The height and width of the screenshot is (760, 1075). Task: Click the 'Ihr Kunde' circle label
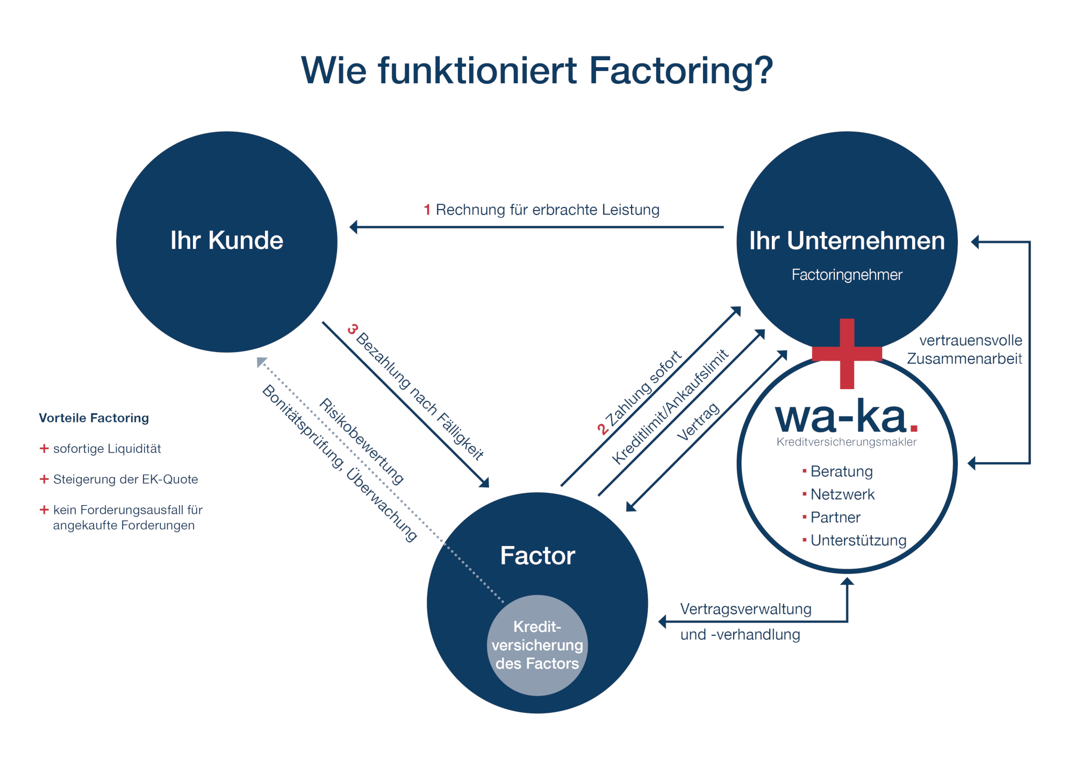(x=226, y=240)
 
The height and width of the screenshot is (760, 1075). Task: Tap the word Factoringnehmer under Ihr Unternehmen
(x=847, y=275)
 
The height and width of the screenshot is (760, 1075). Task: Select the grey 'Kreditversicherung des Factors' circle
(x=537, y=645)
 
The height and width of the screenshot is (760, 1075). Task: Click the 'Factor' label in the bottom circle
(x=537, y=555)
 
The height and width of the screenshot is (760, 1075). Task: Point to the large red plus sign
(x=847, y=354)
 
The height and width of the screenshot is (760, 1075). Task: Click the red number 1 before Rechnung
(x=427, y=210)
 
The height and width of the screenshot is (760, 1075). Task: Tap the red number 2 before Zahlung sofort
(x=602, y=429)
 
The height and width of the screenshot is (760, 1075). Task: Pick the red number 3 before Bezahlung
(x=353, y=328)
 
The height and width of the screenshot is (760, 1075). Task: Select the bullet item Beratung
(x=841, y=471)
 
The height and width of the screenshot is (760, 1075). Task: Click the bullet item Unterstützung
(x=858, y=540)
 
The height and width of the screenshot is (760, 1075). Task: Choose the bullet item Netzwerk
(x=842, y=494)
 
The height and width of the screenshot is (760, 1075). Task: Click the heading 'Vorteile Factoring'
(x=94, y=418)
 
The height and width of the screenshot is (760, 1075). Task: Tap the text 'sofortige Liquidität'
(x=107, y=448)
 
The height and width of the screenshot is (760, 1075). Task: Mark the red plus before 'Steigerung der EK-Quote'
(x=44, y=479)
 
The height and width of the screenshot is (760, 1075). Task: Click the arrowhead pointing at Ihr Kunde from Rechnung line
(x=353, y=227)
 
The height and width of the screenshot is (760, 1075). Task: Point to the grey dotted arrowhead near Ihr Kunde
(x=261, y=361)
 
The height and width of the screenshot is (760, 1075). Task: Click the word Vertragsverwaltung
(x=746, y=609)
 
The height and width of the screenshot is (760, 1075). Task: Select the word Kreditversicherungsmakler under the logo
(x=847, y=442)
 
